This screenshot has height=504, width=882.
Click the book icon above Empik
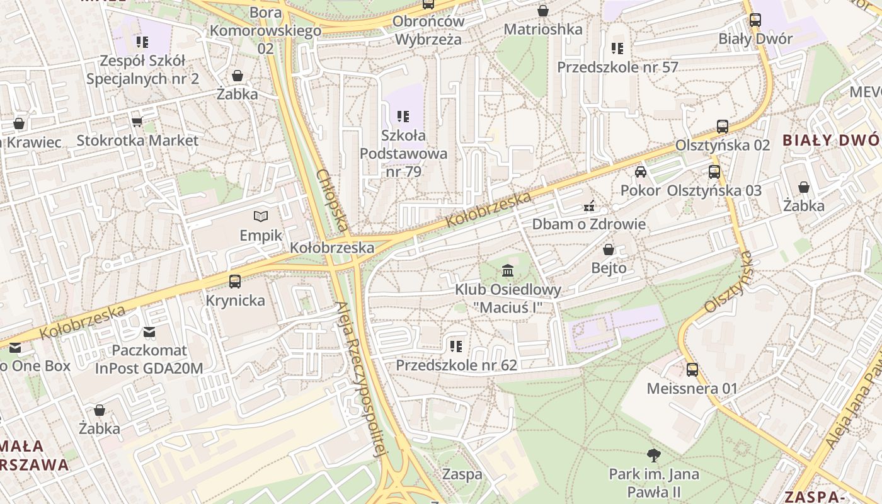(261, 217)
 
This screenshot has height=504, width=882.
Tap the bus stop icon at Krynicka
(235, 282)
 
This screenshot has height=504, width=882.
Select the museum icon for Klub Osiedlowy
(508, 271)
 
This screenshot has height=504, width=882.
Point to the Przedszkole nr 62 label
(456, 365)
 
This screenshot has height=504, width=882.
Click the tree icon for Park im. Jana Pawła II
(654, 455)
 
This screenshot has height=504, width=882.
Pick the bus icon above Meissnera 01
(692, 370)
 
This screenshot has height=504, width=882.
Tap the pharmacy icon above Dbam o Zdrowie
(590, 205)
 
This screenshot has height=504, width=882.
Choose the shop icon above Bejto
(609, 249)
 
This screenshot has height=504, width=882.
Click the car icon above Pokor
(641, 172)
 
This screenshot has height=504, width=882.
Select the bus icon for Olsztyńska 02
(723, 127)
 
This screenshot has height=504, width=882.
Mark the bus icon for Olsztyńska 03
(714, 172)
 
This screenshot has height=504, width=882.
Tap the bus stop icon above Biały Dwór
(755, 20)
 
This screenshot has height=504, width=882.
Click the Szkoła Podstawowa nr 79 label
(403, 153)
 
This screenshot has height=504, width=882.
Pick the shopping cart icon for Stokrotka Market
(137, 122)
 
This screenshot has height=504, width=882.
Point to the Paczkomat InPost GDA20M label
(149, 359)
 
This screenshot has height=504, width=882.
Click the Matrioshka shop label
(543, 29)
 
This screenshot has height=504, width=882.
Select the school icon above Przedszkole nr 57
(617, 49)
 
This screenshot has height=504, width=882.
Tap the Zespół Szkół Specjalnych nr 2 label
(142, 70)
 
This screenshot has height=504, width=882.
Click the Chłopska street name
(332, 200)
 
